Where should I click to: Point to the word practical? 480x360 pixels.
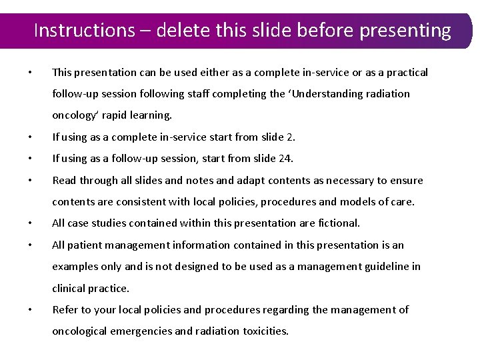(406, 72)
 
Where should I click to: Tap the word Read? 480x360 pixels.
(65, 180)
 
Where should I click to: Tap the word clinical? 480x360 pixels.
(68, 288)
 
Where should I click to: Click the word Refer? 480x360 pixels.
(65, 309)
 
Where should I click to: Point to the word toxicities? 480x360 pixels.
(261, 331)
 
